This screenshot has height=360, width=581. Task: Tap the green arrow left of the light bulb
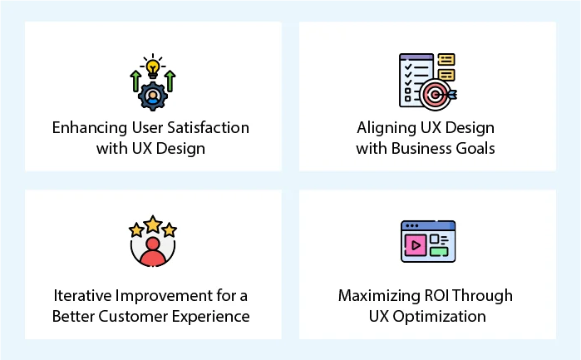pyautogui.click(x=134, y=81)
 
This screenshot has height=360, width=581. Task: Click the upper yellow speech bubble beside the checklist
pyautogui.click(x=446, y=60)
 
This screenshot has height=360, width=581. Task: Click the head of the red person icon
pyautogui.click(x=152, y=245)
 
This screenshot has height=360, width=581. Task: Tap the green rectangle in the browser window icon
pyautogui.click(x=439, y=250)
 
